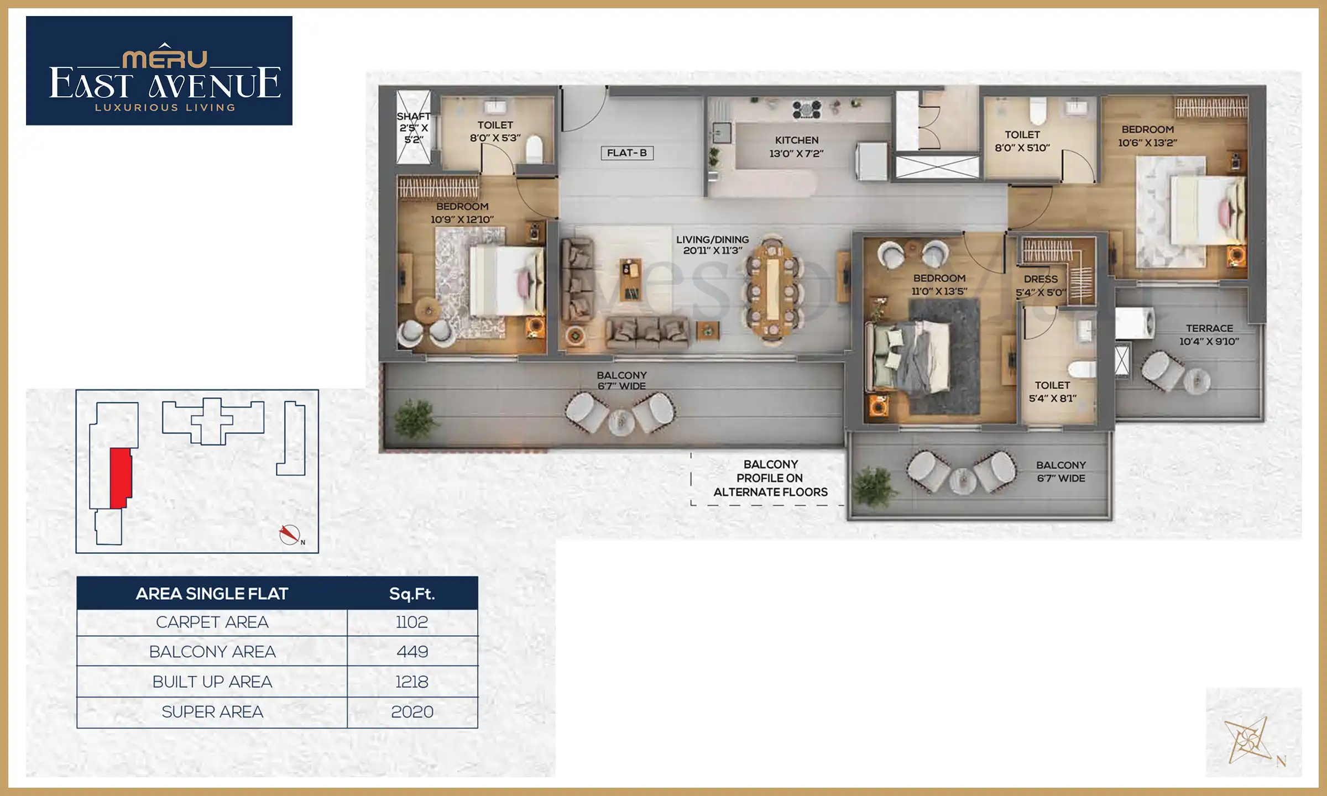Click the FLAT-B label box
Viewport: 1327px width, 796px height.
[x=627, y=153]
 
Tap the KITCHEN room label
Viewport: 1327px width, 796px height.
[x=796, y=146]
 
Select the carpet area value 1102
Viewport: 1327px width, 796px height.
[x=412, y=622]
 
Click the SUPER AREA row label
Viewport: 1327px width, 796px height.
[x=212, y=712]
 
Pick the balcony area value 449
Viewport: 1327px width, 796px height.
[x=412, y=652]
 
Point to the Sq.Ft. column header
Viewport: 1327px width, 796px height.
[x=412, y=594]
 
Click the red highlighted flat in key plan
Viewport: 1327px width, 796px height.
[x=120, y=478]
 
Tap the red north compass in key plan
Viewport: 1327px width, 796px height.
[x=289, y=534]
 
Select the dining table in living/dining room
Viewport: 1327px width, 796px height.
[x=772, y=290]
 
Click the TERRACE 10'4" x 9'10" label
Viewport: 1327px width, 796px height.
[x=1209, y=335]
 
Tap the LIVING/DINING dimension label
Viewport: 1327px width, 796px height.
[x=712, y=245]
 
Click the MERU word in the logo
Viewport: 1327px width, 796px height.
[x=165, y=59]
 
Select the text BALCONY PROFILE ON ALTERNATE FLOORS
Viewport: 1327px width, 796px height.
[x=770, y=478]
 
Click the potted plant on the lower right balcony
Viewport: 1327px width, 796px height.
[x=874, y=485]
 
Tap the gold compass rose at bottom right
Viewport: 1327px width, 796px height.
[x=1247, y=741]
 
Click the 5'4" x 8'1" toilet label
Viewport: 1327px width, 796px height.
[x=1052, y=391]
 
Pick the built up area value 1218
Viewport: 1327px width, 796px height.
[x=412, y=682]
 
